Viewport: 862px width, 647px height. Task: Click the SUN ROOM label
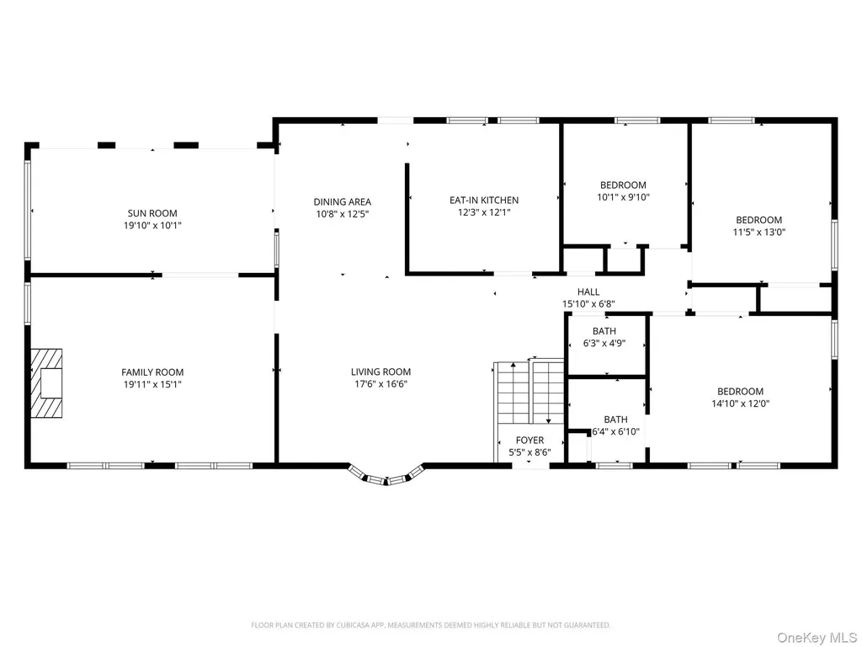point(152,213)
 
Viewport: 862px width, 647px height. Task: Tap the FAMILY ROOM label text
point(152,372)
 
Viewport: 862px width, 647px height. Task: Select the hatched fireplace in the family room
point(46,383)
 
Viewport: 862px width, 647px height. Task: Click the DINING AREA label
point(343,202)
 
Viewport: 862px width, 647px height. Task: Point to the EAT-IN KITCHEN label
point(484,201)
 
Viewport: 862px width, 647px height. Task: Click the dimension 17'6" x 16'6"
point(381,384)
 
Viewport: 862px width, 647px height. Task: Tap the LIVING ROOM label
point(381,372)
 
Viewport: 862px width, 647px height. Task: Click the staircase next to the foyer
point(529,391)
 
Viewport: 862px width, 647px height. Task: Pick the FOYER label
point(530,440)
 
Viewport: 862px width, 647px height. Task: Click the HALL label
point(588,292)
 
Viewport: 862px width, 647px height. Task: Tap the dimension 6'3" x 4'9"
point(604,344)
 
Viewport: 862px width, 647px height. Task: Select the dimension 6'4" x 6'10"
point(615,432)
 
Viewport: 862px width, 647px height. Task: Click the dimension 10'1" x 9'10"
point(624,197)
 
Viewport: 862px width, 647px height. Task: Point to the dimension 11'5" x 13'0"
point(759,233)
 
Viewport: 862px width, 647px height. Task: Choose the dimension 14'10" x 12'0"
point(741,404)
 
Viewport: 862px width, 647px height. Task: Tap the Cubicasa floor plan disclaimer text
point(431,625)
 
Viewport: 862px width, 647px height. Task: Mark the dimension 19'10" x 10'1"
point(152,226)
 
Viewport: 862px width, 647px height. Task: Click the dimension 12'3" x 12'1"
point(484,212)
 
